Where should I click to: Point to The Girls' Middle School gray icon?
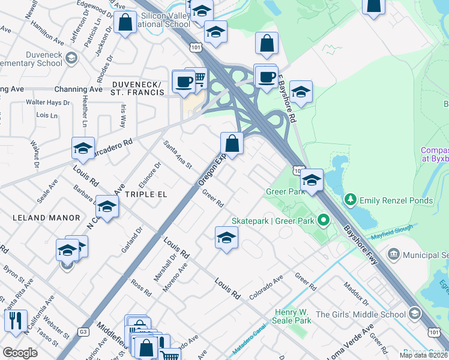click(x=414, y=314)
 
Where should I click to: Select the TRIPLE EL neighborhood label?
click(x=145, y=195)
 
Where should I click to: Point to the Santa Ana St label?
click(x=178, y=154)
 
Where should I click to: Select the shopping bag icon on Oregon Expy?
click(x=232, y=144)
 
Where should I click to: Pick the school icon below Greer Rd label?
click(x=226, y=237)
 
